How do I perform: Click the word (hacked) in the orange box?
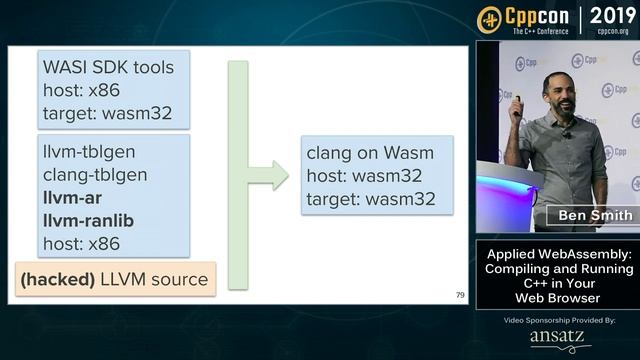(57, 279)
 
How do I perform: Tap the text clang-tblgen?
(94, 175)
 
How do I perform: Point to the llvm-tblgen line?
(89, 152)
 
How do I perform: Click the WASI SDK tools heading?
(107, 68)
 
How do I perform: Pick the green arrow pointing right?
(268, 176)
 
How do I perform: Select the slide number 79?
(459, 295)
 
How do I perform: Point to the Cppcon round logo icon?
(490, 19)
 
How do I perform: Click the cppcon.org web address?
(612, 31)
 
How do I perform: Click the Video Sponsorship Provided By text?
(558, 320)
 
